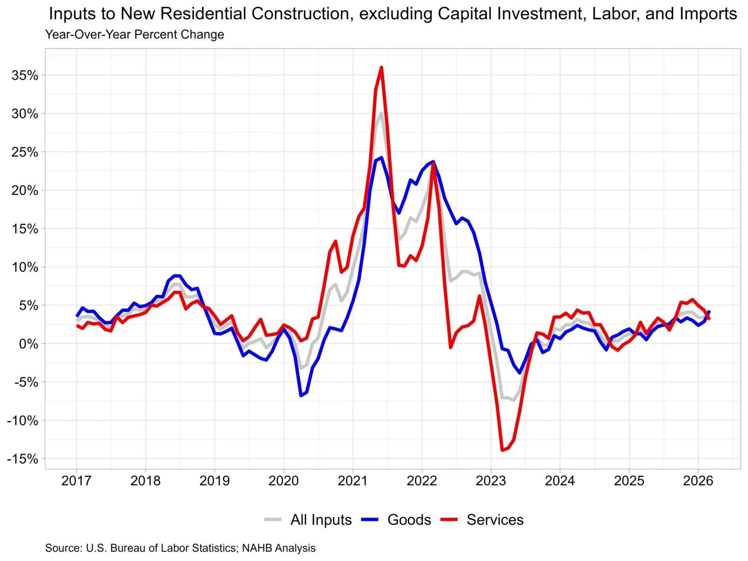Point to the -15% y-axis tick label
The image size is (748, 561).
[22, 459]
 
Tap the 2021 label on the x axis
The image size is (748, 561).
[352, 481]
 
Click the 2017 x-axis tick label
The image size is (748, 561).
[76, 481]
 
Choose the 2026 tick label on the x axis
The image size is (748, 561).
[698, 481]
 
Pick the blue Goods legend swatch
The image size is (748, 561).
[371, 519]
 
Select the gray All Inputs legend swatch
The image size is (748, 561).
[273, 519]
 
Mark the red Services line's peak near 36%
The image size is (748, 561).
[381, 67]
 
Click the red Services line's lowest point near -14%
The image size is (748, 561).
[502, 450]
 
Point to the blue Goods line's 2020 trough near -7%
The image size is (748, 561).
[301, 396]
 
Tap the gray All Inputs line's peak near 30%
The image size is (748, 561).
[381, 113]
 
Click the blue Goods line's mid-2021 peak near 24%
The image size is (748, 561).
[381, 158]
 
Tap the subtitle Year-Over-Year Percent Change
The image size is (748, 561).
[135, 35]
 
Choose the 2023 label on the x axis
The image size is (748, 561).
[491, 481]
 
